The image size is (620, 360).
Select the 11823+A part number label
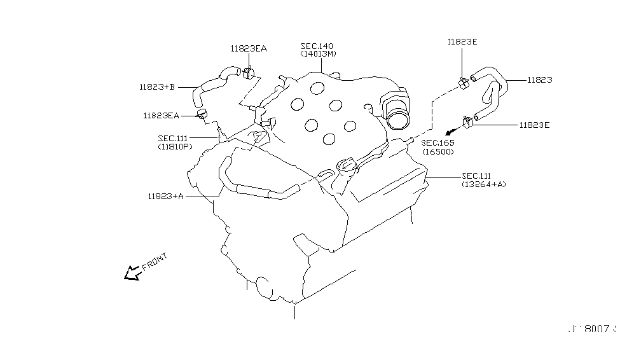pyautogui.click(x=165, y=196)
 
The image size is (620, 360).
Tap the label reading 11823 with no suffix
pyautogui.click(x=539, y=80)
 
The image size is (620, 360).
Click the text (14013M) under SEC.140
pyautogui.click(x=318, y=54)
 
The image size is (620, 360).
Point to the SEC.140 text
pyautogui.click(x=317, y=46)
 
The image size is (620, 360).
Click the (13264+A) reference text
pyautogui.click(x=484, y=184)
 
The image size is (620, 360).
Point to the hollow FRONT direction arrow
pyautogui.click(x=133, y=273)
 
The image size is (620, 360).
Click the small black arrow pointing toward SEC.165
pyautogui.click(x=450, y=130)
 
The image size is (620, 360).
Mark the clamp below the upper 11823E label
pyautogui.click(x=464, y=81)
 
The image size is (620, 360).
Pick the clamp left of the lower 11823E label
pyautogui.click(x=470, y=120)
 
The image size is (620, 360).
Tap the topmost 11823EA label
pyautogui.click(x=249, y=48)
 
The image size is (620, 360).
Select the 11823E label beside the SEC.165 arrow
pyautogui.click(x=534, y=125)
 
